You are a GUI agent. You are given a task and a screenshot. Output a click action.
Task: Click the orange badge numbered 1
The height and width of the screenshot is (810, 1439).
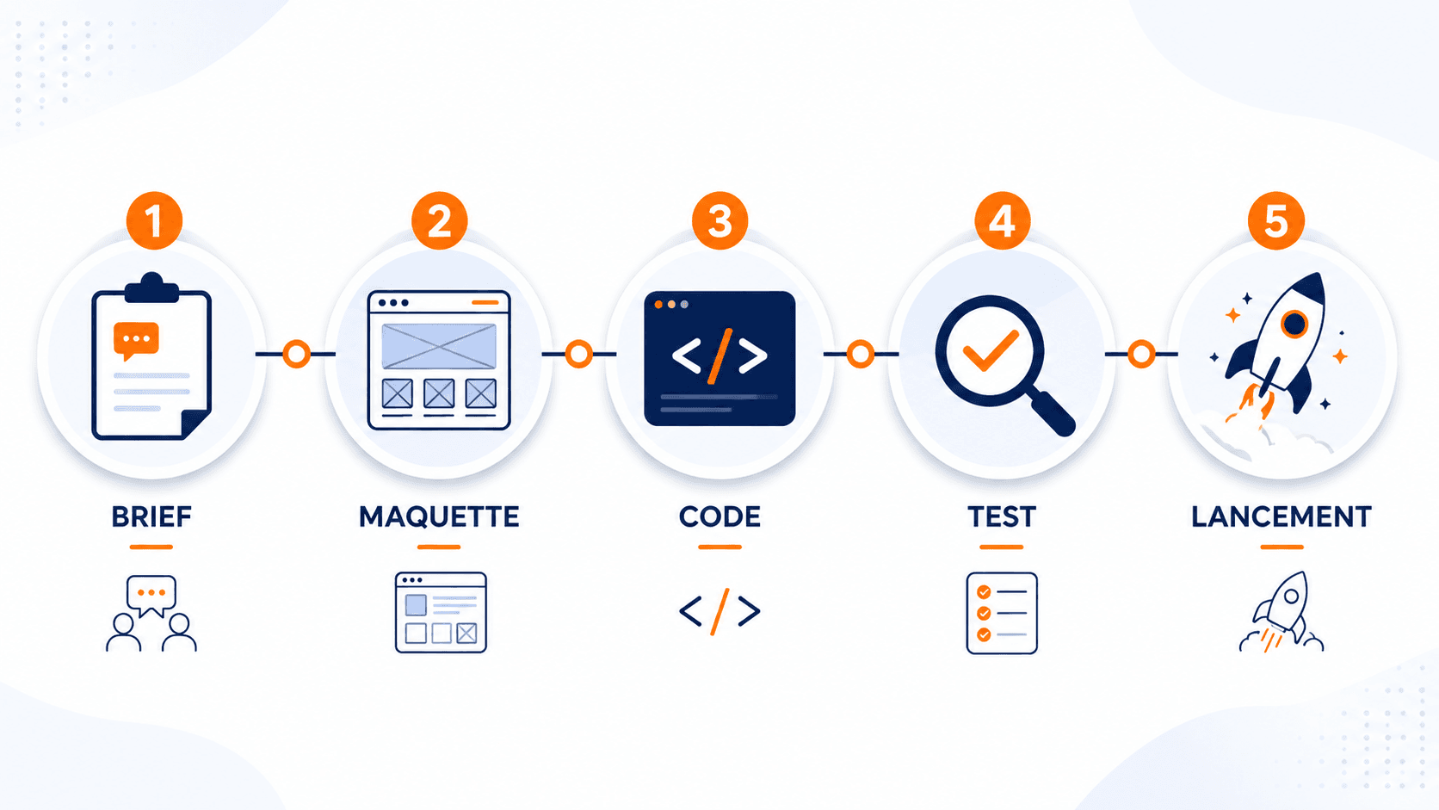coord(154,220)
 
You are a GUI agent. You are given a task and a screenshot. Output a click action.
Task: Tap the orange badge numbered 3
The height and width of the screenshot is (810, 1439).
coord(719,220)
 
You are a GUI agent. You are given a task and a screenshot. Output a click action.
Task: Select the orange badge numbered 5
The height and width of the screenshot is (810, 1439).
coord(1275,220)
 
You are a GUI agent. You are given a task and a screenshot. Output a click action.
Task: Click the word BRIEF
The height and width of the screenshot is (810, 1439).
coord(151,517)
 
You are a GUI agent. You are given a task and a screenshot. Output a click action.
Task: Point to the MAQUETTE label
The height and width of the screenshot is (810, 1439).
coord(439,517)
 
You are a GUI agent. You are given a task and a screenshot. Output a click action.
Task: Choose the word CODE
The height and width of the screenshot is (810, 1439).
coord(719,517)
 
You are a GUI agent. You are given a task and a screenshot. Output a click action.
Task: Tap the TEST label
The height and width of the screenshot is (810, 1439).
coord(1002,517)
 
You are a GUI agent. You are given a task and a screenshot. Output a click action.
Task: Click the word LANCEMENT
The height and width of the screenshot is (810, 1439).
coord(1282,517)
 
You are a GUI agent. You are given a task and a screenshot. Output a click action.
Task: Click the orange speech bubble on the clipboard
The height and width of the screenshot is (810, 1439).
coord(135,341)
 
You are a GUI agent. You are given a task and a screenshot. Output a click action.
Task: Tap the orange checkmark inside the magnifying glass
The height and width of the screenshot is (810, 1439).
coord(990,350)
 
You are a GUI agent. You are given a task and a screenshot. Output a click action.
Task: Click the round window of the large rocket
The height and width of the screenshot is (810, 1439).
coord(1294,324)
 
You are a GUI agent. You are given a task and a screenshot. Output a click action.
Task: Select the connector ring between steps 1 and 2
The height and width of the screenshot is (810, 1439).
coord(296,354)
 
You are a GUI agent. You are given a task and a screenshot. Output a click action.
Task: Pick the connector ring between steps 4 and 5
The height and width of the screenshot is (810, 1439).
coord(1141,354)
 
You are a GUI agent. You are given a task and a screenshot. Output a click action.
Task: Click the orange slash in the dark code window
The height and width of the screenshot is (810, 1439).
coord(719,356)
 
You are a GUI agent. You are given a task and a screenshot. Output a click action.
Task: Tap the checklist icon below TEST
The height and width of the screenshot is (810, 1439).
coord(1002,614)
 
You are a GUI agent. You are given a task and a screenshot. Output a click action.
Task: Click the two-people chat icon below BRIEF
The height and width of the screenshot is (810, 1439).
coord(151,614)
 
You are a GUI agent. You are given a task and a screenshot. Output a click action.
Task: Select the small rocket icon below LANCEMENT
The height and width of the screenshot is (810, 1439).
coord(1281,612)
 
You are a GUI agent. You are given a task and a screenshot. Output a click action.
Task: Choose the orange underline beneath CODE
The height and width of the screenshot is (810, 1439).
coord(719,547)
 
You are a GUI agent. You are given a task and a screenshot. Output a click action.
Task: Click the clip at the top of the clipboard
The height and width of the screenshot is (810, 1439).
coord(151,288)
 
